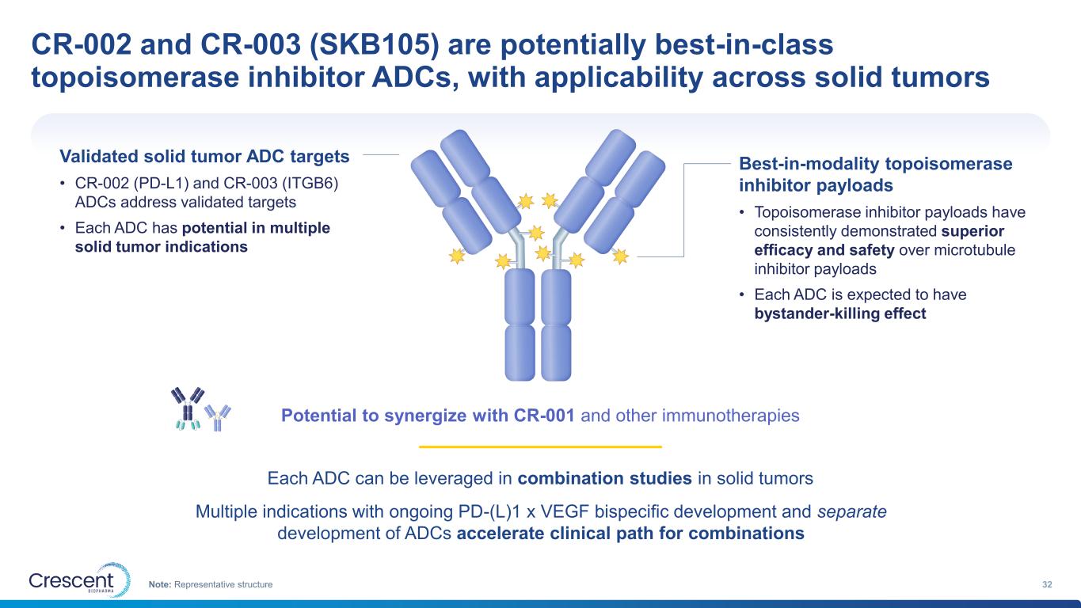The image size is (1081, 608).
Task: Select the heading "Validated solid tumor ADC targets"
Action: (204, 156)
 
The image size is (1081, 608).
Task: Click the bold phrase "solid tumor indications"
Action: (162, 246)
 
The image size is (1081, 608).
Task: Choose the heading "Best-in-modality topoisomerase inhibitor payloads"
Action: (875, 174)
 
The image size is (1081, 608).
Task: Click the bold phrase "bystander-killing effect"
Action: (839, 313)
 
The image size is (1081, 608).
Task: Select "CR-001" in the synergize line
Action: (544, 415)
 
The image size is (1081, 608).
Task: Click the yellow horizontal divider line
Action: (540, 446)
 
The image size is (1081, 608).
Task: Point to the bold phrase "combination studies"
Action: (604, 478)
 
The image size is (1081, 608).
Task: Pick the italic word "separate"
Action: (852, 511)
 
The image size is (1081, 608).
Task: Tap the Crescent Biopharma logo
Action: (80, 579)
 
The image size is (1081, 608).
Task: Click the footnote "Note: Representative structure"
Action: (211, 584)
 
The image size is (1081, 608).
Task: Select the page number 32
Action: (1047, 584)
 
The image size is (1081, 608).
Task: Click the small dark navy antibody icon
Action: (187, 408)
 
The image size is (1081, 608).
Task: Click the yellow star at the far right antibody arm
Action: (621, 256)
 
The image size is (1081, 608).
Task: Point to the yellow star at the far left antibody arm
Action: (456, 256)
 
